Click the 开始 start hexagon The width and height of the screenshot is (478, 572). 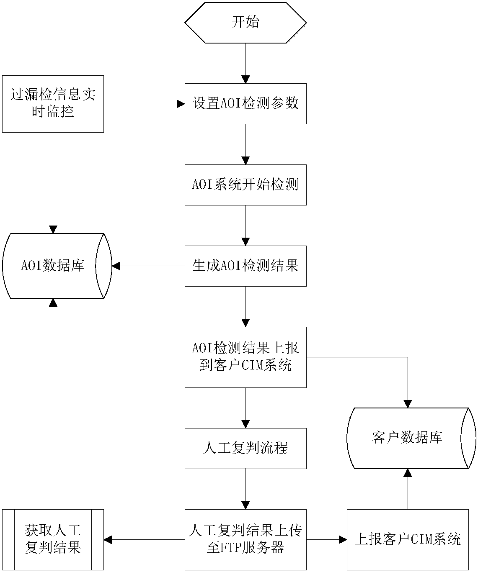pos(245,22)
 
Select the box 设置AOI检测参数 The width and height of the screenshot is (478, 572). pos(245,103)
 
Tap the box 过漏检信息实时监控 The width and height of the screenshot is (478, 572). pos(53,104)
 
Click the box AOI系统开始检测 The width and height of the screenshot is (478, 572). pos(245,185)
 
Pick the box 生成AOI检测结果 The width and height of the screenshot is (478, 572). pos(245,266)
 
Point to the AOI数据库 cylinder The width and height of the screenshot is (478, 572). pos(53,266)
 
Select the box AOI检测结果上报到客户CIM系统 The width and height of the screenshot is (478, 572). pos(245,357)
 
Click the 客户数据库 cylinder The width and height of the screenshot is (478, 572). pos(407,438)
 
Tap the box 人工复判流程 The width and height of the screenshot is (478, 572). pos(245,448)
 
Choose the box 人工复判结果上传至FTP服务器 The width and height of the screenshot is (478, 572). pos(245,539)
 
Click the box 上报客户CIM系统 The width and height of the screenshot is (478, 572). pos(407,539)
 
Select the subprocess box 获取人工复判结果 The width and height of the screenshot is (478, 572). pos(53,539)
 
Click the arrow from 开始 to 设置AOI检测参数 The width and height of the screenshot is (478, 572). pos(245,63)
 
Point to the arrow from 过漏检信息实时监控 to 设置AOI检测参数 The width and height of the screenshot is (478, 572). pos(144,103)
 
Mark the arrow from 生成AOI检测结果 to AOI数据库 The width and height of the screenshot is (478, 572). pos(149,266)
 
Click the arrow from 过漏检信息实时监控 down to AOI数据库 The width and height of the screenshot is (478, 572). pos(53,182)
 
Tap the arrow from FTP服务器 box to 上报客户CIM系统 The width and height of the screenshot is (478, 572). pos(326,539)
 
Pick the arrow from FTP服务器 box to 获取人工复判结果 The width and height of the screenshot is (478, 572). pos(144,539)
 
